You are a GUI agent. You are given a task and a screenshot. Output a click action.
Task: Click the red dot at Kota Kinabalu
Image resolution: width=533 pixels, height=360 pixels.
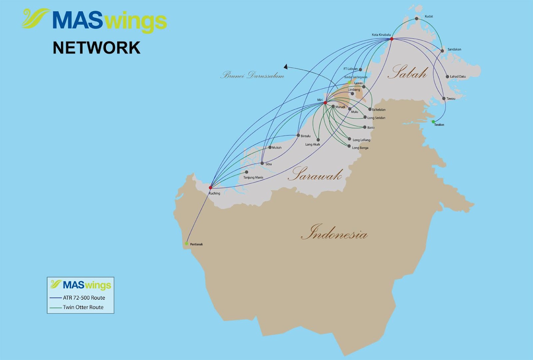tap(392, 39)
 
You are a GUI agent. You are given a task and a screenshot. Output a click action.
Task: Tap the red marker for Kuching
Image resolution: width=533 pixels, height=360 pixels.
tap(210, 187)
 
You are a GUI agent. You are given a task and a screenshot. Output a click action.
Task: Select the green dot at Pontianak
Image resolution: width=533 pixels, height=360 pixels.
tap(187, 243)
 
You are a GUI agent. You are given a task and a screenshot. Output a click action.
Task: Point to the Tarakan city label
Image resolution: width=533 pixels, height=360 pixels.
tap(439, 125)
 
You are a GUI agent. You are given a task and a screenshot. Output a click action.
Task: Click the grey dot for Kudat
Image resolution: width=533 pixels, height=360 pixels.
tap(416, 19)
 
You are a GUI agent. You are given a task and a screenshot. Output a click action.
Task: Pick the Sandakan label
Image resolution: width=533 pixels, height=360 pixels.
tap(454, 49)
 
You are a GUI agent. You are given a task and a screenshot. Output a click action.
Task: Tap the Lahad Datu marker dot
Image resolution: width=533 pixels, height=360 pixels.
tap(447, 77)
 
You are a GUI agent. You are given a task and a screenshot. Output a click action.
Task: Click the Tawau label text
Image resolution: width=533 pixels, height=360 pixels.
tap(451, 99)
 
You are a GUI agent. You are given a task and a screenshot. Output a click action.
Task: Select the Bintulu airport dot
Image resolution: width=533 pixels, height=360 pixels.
tap(298, 136)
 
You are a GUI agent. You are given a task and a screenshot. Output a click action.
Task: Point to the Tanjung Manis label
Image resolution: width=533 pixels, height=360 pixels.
tap(253, 178)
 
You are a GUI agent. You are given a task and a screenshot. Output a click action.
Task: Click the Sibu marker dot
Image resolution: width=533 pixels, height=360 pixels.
tap(262, 163)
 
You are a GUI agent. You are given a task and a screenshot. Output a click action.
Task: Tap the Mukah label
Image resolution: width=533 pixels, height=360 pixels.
tap(276, 148)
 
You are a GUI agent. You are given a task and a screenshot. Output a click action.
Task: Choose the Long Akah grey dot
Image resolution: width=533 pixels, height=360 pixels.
tap(318, 140)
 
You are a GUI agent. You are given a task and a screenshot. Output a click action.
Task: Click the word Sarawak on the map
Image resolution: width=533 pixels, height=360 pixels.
tap(315, 175)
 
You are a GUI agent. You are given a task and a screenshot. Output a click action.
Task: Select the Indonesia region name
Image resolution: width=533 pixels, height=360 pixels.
tap(334, 232)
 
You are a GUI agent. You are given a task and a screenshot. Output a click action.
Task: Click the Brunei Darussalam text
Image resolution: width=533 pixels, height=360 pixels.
tap(252, 75)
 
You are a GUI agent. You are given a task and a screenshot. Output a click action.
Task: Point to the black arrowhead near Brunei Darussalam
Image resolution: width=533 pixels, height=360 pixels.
tap(286, 67)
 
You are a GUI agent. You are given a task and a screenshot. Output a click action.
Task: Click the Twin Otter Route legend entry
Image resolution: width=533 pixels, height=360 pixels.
tap(83, 307)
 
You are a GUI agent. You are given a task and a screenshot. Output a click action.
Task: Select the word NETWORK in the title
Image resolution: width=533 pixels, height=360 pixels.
tap(97, 48)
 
